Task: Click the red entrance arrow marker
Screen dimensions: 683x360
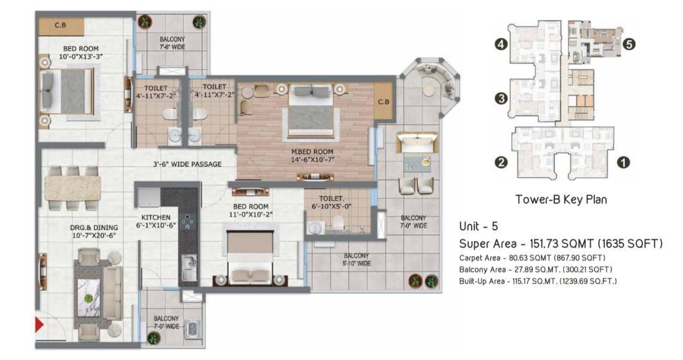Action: (39, 325)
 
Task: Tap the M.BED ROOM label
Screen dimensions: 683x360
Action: (312, 151)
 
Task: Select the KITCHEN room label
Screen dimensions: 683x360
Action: (156, 217)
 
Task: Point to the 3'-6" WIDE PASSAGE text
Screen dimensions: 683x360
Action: (187, 164)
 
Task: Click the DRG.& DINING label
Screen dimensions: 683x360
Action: (94, 227)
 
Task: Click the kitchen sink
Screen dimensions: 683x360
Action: (189, 267)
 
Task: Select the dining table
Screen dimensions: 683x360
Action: (73, 188)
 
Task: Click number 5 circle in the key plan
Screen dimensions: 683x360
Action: (628, 44)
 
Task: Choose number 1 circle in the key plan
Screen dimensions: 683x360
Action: (624, 163)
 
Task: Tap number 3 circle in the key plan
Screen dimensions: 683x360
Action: (502, 99)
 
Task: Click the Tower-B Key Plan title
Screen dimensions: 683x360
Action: (561, 199)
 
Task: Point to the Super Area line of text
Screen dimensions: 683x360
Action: (561, 243)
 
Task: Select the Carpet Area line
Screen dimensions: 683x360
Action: (532, 258)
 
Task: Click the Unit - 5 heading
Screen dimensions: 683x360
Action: (478, 227)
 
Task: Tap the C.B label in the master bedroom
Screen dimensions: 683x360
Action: (384, 101)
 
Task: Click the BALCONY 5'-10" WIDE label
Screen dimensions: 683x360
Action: (356, 259)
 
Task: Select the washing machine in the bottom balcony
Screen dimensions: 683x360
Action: (193, 329)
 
